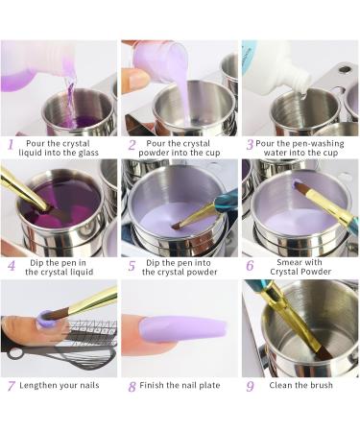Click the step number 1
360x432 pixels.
click(11, 144)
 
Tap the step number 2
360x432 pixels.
click(132, 145)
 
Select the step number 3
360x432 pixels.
click(250, 145)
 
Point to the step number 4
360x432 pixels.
click(12, 265)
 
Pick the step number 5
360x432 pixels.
click(132, 266)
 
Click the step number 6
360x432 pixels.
click(250, 265)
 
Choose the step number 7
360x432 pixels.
click(12, 386)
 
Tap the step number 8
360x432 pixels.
click(132, 387)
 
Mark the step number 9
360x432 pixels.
click(250, 386)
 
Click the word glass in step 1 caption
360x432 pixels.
click(87, 153)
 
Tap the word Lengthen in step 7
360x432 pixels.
click(38, 385)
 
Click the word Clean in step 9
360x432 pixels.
click(280, 385)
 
